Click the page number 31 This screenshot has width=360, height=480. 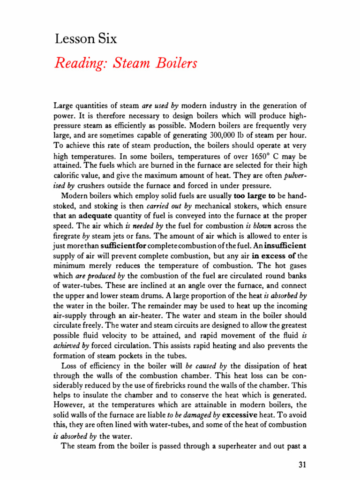point(302,465)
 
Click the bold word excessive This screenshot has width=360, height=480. point(240,415)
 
